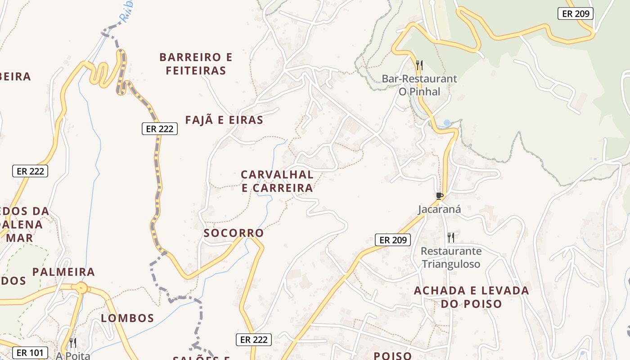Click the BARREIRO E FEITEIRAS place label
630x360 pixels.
coord(196,64)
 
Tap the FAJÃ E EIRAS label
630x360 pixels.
coord(224,120)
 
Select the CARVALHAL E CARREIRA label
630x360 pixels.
coord(277,181)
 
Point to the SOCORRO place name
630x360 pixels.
coord(234,233)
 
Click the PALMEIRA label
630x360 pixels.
coord(63,272)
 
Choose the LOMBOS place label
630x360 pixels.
coord(127,318)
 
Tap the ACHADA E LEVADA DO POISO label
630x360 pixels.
coord(471,297)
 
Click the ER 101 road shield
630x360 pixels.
coord(29,352)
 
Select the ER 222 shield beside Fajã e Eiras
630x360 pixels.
coord(160,129)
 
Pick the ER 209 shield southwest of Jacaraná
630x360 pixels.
coord(393,240)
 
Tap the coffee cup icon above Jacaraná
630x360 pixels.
coord(440,196)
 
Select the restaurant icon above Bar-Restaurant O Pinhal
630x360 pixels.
coord(419,65)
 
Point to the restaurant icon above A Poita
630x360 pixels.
coord(73,343)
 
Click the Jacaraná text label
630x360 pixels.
coord(440,209)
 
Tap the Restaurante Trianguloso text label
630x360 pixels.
coord(451,257)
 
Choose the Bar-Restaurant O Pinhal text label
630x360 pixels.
coord(419,85)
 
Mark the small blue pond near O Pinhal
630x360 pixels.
coord(446,122)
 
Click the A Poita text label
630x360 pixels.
coord(73,355)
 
